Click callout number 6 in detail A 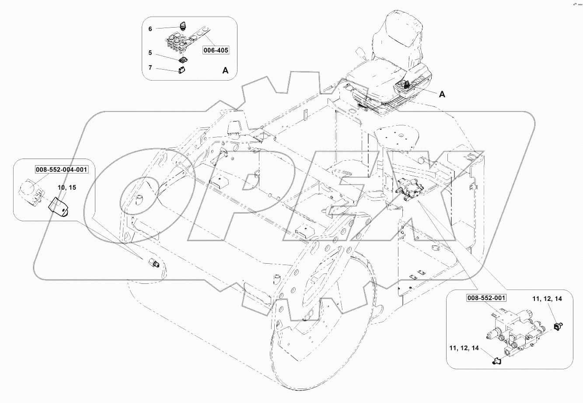(x=150, y=29)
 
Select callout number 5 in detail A (x=150, y=53)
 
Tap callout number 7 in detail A (x=150, y=68)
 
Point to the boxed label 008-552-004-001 (x=62, y=170)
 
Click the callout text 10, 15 (x=67, y=187)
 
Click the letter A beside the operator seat (x=442, y=95)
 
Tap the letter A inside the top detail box (x=225, y=71)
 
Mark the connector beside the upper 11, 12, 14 (x=558, y=325)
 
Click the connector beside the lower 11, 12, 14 (x=495, y=361)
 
